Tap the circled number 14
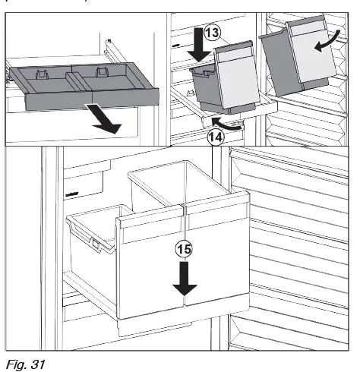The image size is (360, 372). [215, 136]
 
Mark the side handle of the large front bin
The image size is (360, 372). [95, 244]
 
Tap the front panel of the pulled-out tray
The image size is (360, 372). [91, 96]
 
